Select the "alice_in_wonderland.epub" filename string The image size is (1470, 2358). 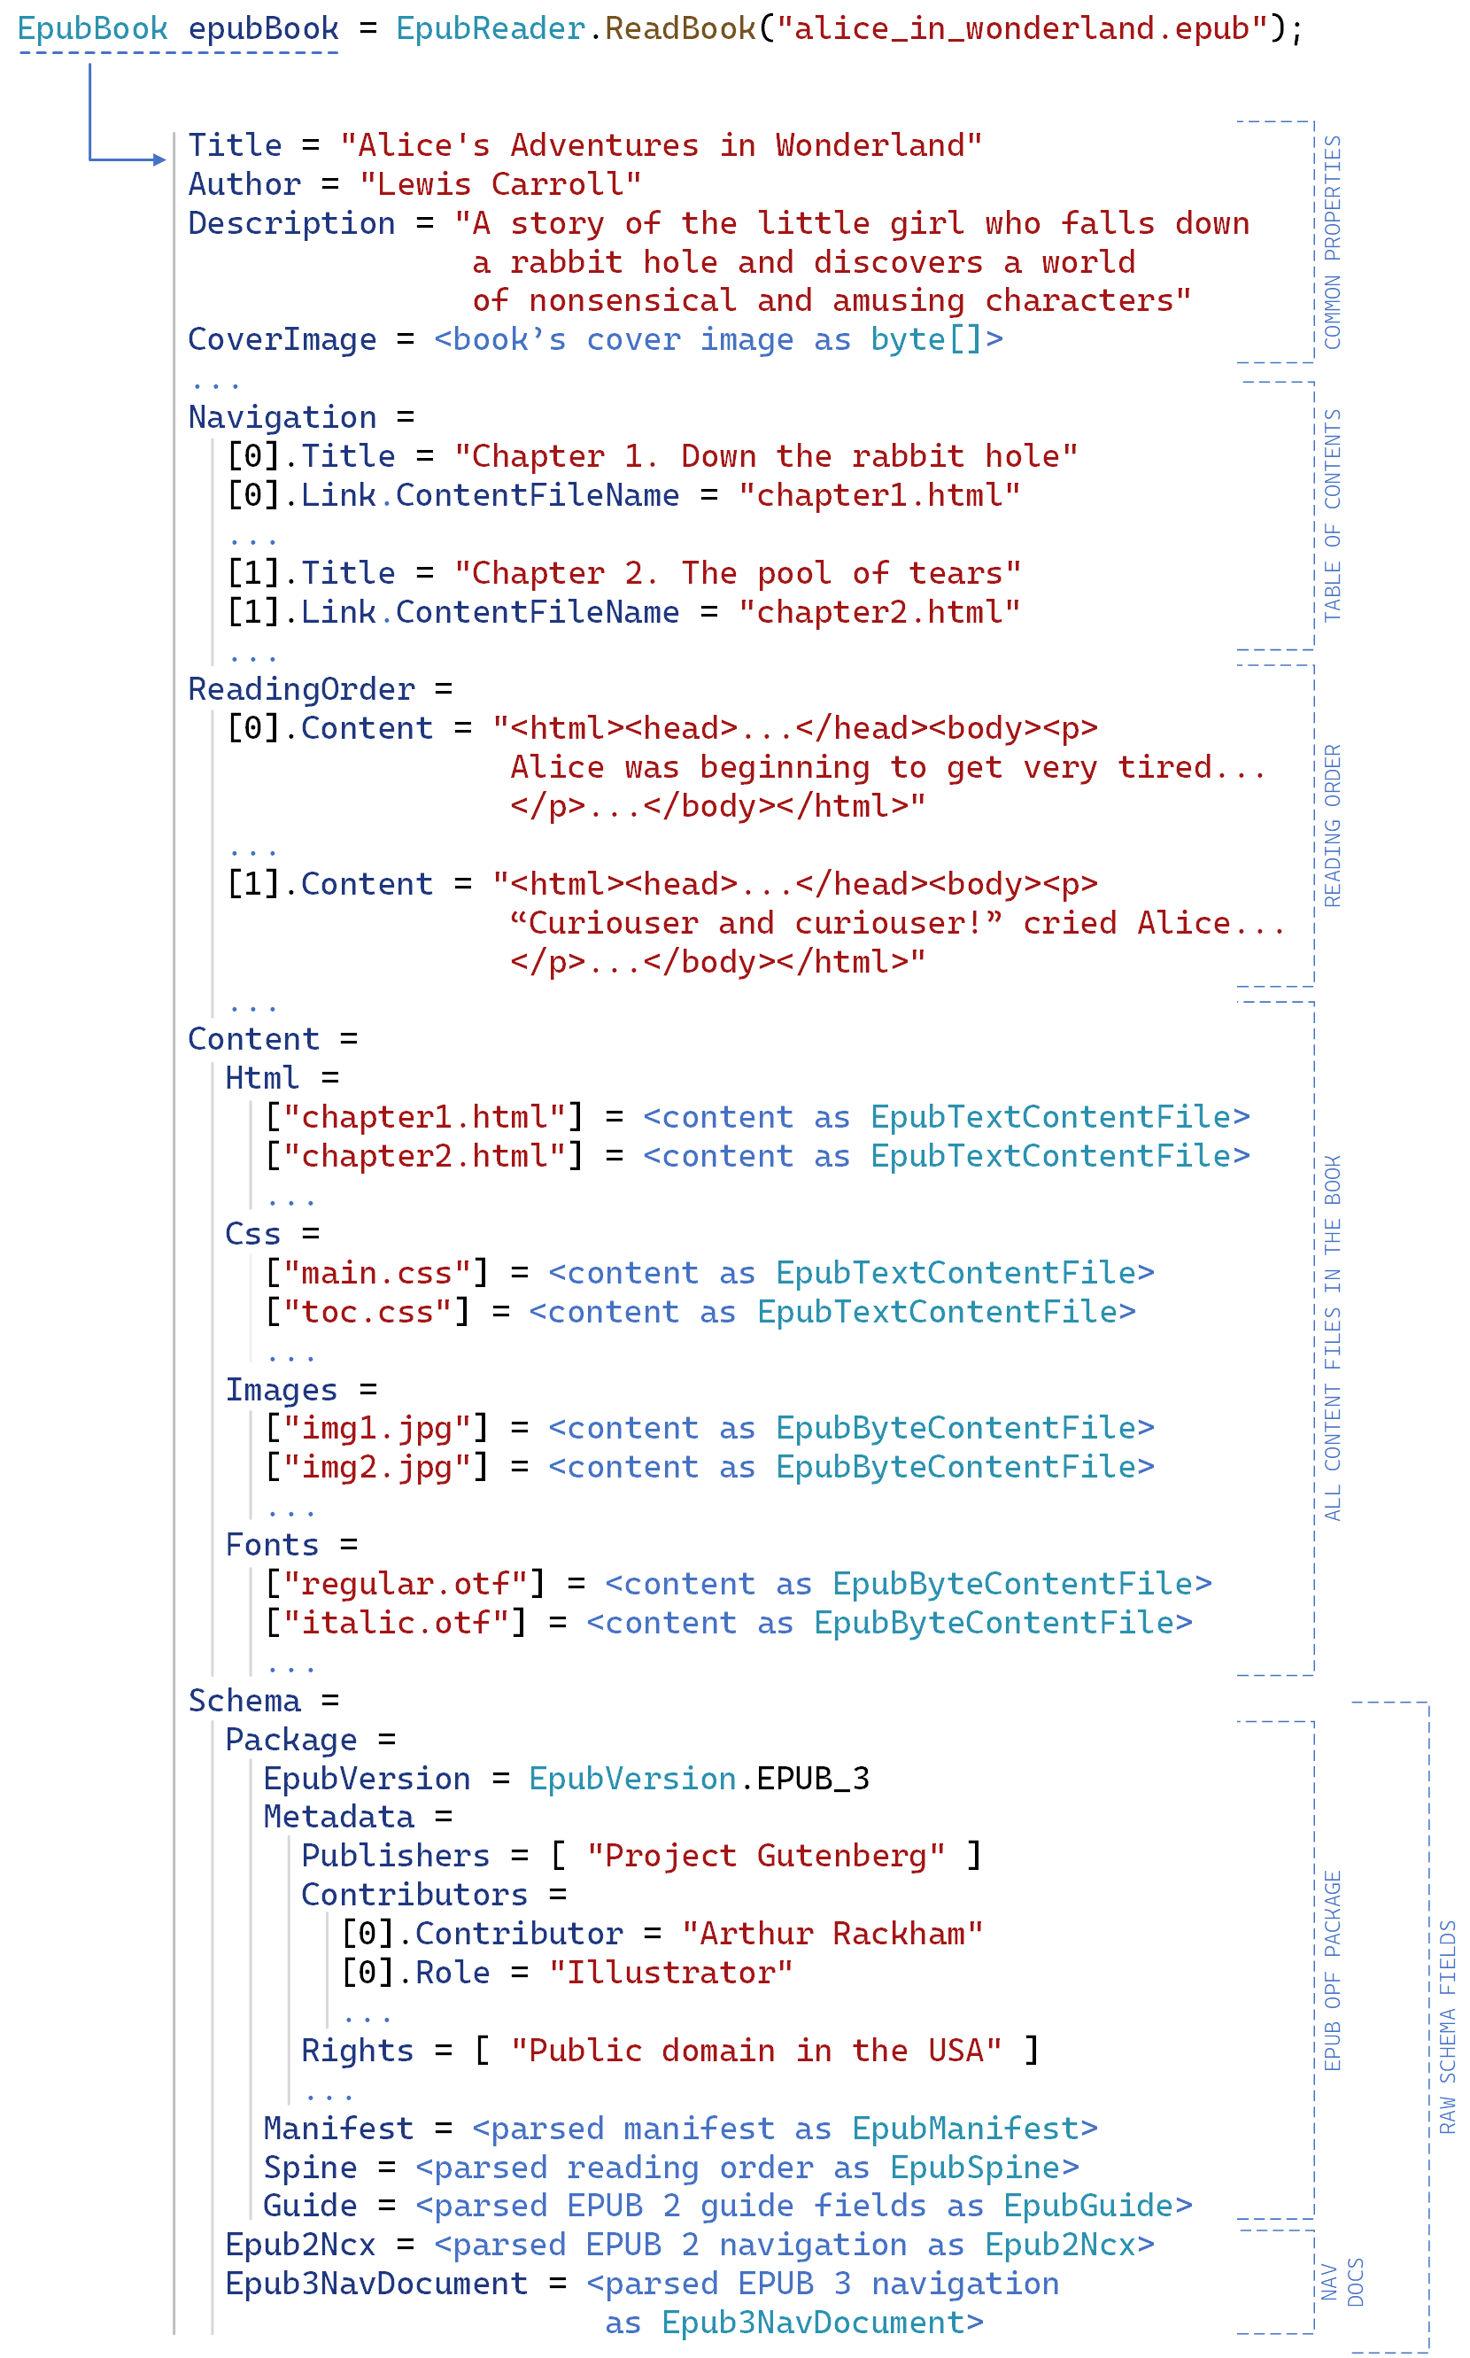(1022, 29)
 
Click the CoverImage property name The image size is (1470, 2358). (282, 339)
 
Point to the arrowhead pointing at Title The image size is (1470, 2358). (160, 159)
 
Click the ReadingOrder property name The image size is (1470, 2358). (301, 689)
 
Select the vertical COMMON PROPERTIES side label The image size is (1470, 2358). (1332, 242)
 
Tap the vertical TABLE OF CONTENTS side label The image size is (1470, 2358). (1332, 516)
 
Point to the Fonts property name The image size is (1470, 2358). (272, 1545)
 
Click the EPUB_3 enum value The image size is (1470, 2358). (813, 1779)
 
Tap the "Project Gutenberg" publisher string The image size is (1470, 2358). (765, 1857)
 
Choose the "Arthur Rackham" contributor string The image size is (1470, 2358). (832, 1934)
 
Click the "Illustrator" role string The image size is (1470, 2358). (671, 1973)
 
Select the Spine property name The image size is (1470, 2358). (310, 2168)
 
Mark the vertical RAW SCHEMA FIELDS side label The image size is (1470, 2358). (1448, 2028)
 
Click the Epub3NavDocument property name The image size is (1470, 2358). (376, 2284)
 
